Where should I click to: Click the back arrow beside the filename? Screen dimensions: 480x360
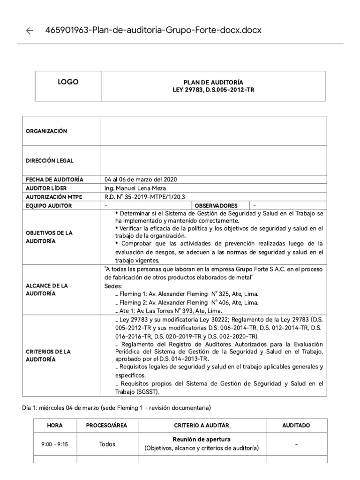tap(30, 31)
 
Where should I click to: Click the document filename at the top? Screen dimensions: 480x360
tap(153, 30)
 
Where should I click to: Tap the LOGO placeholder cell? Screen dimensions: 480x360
tap(68, 82)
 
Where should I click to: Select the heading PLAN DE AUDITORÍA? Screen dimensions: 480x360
tap(213, 82)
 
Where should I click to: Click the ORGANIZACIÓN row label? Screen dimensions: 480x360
tap(46, 131)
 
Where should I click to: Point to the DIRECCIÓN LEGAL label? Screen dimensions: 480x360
tap(49, 161)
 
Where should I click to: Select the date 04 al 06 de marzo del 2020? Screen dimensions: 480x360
tap(141, 180)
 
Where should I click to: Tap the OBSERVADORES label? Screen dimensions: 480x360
tap(216, 205)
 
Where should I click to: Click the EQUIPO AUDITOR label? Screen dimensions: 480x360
tap(49, 205)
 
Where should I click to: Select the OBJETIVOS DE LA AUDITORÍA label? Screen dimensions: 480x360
tap(49, 237)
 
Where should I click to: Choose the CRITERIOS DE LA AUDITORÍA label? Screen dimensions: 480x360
tap(48, 355)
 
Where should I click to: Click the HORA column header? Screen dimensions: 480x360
tap(55, 425)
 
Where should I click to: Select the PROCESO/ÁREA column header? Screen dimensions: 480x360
tap(107, 425)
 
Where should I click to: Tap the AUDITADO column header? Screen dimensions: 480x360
tap(296, 425)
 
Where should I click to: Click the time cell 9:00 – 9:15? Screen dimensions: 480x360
tap(55, 444)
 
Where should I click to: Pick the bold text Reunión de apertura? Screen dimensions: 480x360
tap(202, 440)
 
